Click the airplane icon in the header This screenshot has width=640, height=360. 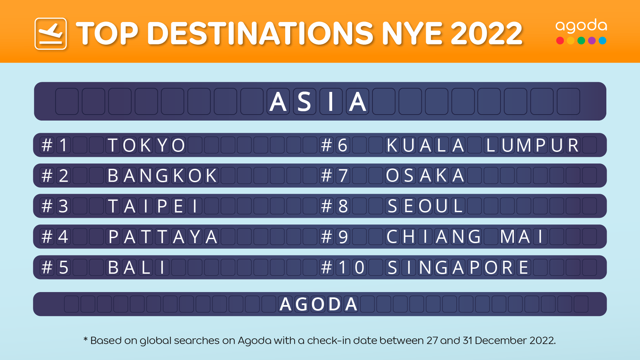pos(51,34)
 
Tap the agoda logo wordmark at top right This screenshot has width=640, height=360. pos(581,26)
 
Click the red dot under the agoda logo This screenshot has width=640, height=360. pos(560,41)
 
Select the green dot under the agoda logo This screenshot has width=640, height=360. pos(581,41)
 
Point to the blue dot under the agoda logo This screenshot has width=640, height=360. pos(602,41)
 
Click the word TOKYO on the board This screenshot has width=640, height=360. pos(146,145)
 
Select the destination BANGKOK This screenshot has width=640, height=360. pos(162,176)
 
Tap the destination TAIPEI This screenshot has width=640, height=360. pos(155,206)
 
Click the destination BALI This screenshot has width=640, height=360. pos(137,267)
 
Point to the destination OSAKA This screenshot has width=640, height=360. pos(425,176)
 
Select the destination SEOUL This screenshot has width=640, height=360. pos(425,206)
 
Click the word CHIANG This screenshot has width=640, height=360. pos(433,237)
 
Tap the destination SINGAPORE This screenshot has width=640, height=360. pos(458,267)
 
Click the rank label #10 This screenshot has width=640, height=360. pos(343,267)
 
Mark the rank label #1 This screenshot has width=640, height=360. pos(55,145)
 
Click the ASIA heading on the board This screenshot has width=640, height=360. pos(318,101)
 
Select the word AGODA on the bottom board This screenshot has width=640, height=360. pos(319,304)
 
